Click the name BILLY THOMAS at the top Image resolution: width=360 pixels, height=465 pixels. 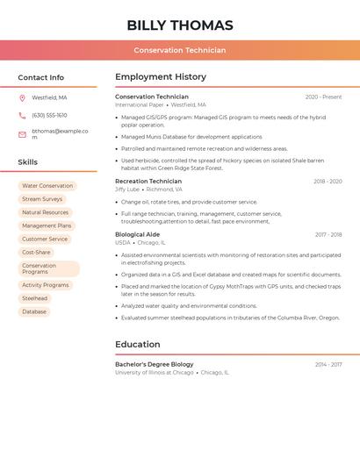(x=180, y=25)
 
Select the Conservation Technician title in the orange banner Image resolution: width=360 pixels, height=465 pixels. (x=180, y=50)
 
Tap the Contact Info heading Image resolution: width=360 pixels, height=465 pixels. (x=41, y=77)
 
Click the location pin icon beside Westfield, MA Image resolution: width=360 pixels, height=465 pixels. (x=22, y=97)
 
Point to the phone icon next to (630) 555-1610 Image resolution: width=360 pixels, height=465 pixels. (x=22, y=115)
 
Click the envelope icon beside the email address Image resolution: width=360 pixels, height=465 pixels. (x=22, y=134)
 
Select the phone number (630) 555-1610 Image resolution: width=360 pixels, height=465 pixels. (x=49, y=115)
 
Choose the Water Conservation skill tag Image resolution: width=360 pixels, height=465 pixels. (x=47, y=186)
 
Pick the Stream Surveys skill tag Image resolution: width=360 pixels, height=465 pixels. (x=42, y=199)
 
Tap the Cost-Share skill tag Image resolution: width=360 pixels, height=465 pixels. (x=36, y=252)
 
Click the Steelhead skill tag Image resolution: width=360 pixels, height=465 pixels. (x=35, y=298)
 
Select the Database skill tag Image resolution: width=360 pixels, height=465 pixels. (x=34, y=311)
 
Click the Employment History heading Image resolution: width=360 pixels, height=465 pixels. (x=161, y=77)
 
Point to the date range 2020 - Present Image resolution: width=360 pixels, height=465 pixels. (x=323, y=97)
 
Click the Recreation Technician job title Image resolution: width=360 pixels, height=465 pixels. (x=148, y=182)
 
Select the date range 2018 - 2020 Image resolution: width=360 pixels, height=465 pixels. (x=328, y=182)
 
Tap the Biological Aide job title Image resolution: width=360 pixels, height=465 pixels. (x=138, y=234)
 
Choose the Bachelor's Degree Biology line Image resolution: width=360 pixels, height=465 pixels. (x=155, y=364)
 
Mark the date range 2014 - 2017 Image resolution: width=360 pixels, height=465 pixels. (x=328, y=364)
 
